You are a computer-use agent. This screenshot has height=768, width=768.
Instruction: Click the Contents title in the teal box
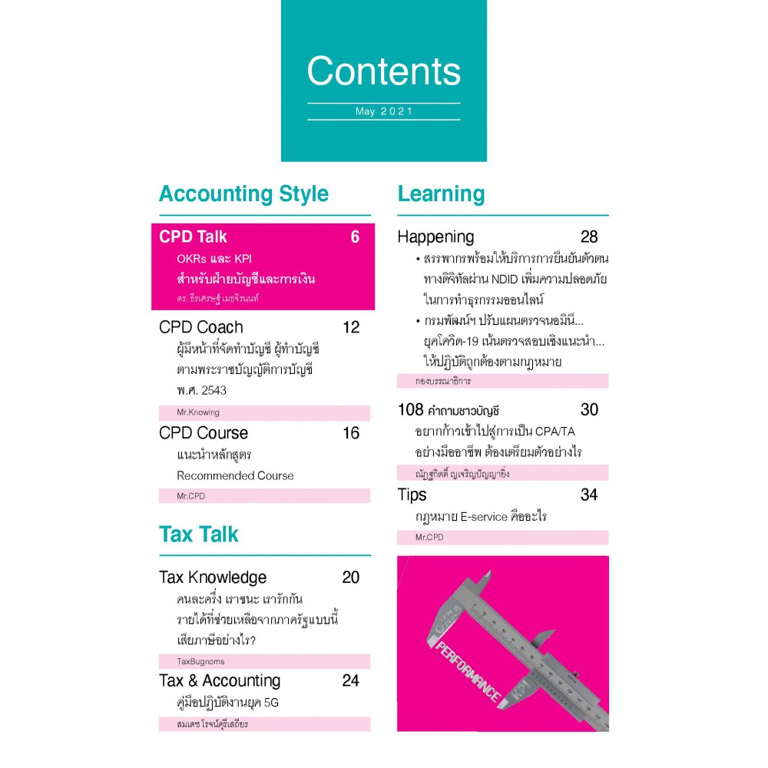pyautogui.click(x=383, y=71)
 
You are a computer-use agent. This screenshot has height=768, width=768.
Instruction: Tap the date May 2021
pyautogui.click(x=384, y=111)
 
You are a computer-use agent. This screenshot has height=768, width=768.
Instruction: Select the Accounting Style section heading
pyautogui.click(x=243, y=194)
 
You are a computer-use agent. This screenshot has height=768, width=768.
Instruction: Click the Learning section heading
pyautogui.click(x=441, y=194)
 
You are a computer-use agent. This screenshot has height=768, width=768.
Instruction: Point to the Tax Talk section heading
pyautogui.click(x=199, y=534)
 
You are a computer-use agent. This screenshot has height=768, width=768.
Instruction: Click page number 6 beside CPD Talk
pyautogui.click(x=355, y=237)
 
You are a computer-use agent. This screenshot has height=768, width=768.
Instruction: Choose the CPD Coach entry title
pyautogui.click(x=200, y=327)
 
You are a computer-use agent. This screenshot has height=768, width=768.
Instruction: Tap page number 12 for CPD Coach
pyautogui.click(x=351, y=327)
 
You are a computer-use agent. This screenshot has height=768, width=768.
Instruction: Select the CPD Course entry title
pyautogui.click(x=204, y=433)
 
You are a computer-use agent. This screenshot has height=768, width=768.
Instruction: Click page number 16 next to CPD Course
pyautogui.click(x=351, y=433)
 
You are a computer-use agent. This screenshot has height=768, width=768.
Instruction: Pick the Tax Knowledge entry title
pyautogui.click(x=213, y=578)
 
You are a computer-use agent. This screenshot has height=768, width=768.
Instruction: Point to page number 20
pyautogui.click(x=351, y=578)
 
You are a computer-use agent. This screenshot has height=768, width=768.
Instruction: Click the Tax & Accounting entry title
pyautogui.click(x=220, y=680)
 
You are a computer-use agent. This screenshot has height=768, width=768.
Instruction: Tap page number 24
pyautogui.click(x=351, y=680)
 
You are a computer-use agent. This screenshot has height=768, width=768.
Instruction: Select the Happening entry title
pyautogui.click(x=435, y=237)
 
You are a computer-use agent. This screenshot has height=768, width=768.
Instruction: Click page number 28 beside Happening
pyautogui.click(x=589, y=237)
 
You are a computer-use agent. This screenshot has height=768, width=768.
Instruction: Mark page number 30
pyautogui.click(x=589, y=409)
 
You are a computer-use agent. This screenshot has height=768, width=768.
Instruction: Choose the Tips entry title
pyautogui.click(x=412, y=495)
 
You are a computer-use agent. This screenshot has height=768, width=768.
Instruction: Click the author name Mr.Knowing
pyautogui.click(x=198, y=412)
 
